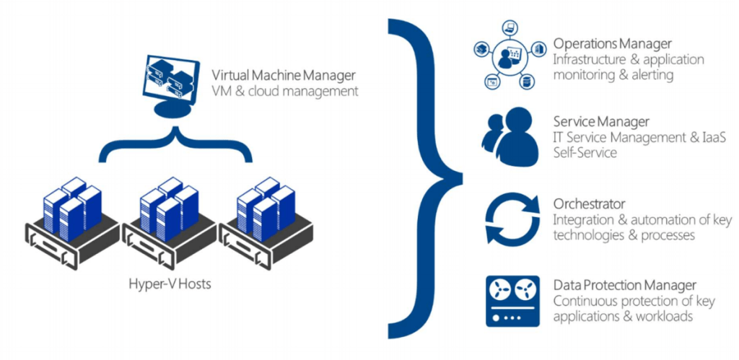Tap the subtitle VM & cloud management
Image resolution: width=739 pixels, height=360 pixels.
click(284, 92)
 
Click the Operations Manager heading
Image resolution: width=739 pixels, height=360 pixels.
click(613, 44)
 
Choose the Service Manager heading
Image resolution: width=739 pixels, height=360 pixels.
click(601, 122)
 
